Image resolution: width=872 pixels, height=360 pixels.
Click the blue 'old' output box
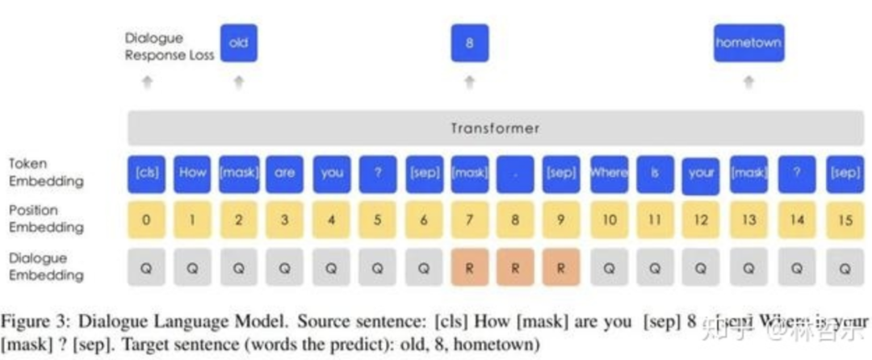238,44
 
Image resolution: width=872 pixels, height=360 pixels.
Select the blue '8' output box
469,44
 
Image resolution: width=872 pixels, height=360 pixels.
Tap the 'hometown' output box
748,44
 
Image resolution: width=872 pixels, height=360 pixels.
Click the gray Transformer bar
495,128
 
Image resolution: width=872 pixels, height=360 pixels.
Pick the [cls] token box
146,174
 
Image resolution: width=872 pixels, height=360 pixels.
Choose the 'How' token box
192,174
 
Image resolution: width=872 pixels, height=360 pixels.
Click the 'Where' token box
609,174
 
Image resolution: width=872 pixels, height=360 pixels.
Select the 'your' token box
701,174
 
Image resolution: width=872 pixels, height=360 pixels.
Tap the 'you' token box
332,174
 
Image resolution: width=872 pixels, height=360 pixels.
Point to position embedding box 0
146,220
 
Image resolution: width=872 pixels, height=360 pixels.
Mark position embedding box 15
844,220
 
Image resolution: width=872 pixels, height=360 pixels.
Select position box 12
701,220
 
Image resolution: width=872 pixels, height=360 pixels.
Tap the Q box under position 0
146,266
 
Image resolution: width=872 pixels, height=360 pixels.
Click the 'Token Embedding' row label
44,173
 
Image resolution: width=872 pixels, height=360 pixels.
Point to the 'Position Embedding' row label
45,219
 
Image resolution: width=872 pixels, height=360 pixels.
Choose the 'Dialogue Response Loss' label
170,47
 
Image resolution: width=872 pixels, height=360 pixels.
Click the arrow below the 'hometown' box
748,82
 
